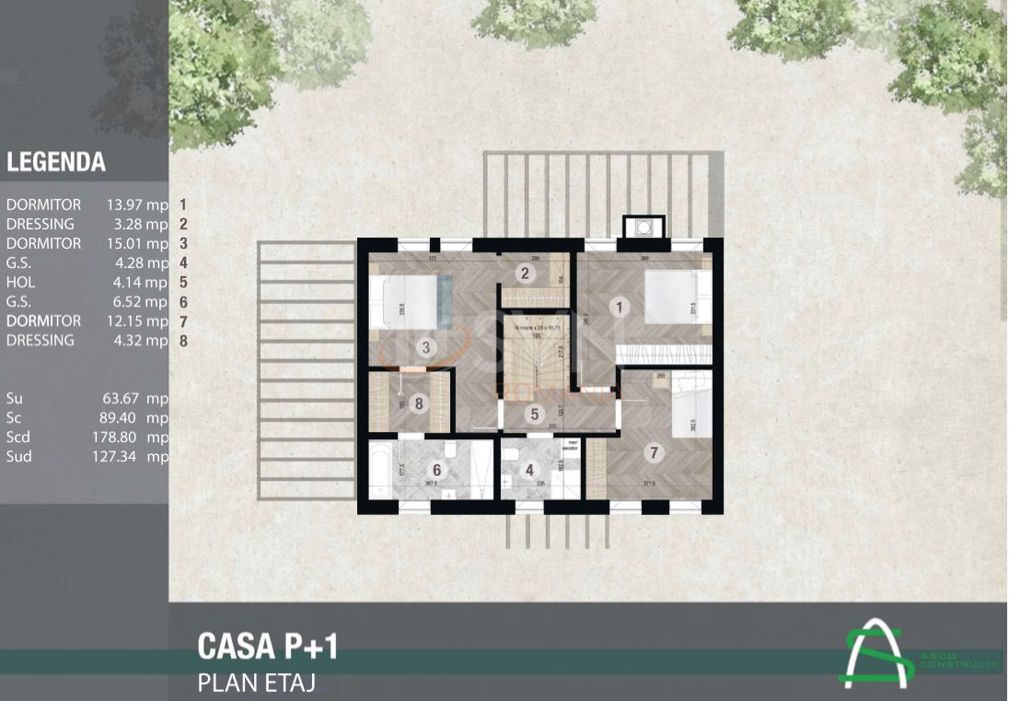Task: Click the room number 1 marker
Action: coord(620,308)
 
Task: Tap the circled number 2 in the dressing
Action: coord(525,273)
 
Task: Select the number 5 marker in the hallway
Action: coord(535,414)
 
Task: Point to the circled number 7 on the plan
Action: coord(655,452)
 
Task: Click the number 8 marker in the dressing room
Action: coord(420,403)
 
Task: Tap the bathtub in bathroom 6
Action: coord(380,470)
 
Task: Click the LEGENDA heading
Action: coord(56,163)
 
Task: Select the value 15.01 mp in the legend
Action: coord(137,244)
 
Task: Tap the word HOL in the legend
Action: coord(20,283)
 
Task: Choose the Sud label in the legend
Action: coord(18,457)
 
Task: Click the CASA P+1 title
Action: coord(268,647)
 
